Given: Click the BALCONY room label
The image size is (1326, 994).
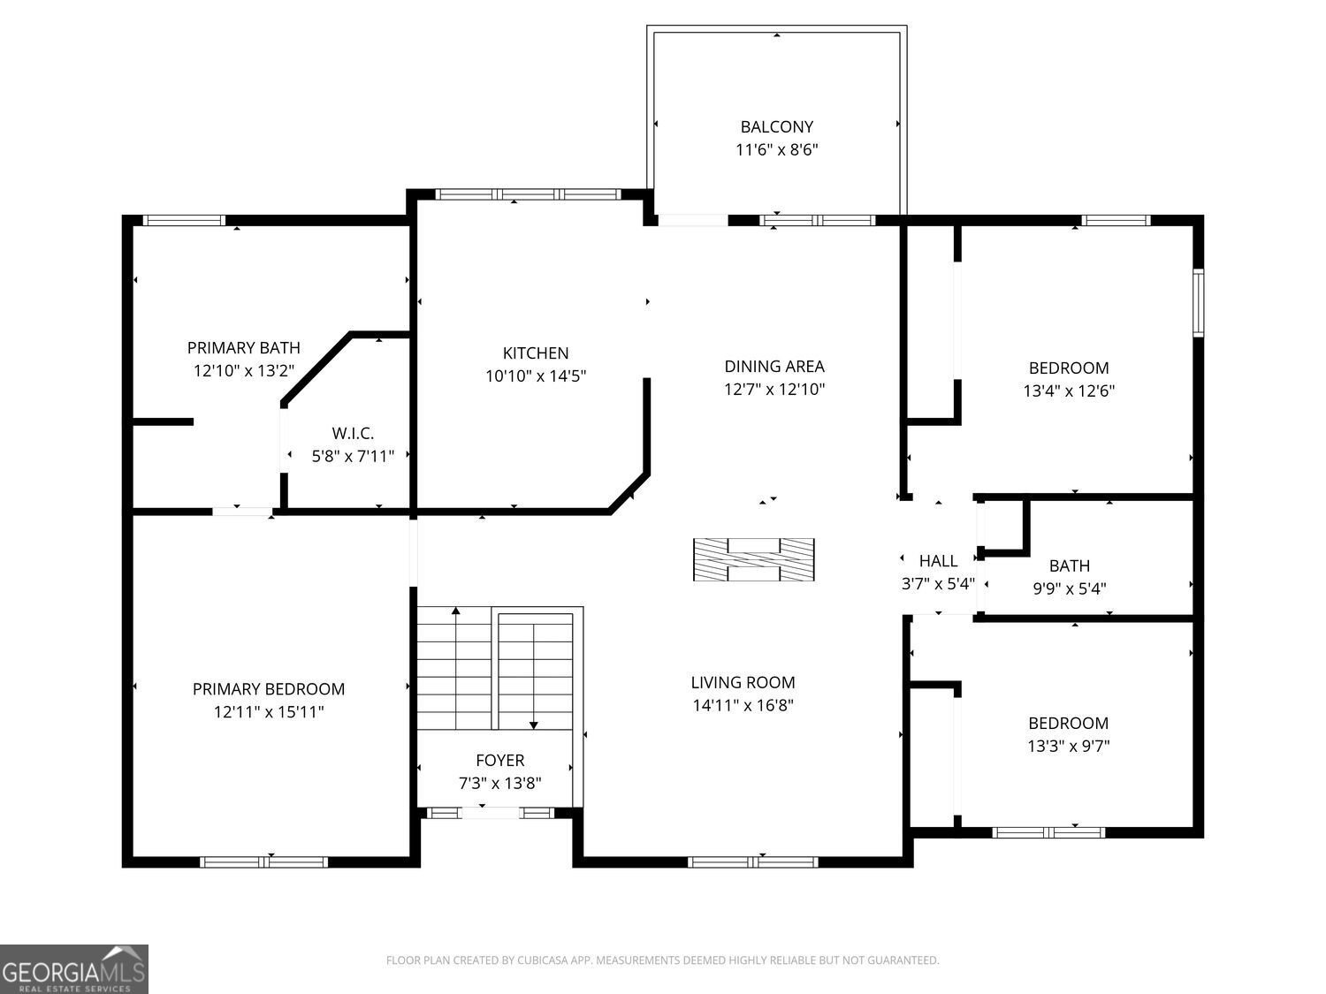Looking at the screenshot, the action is pyautogui.click(x=776, y=126).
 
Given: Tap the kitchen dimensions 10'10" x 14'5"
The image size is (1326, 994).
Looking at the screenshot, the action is pyautogui.click(x=536, y=376).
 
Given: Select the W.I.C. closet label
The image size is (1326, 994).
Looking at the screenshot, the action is pyautogui.click(x=353, y=433).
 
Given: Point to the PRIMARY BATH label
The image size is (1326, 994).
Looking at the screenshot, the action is pyautogui.click(x=243, y=347).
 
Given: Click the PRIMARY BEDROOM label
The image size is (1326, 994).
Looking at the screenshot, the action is pyautogui.click(x=269, y=688).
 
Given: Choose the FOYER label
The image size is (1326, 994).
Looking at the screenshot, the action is pyautogui.click(x=500, y=760).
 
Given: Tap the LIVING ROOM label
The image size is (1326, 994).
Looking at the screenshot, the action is pyautogui.click(x=743, y=682).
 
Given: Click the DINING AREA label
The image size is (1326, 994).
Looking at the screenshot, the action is pyautogui.click(x=774, y=367).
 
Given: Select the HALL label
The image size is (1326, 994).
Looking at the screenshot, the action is pyautogui.click(x=938, y=561).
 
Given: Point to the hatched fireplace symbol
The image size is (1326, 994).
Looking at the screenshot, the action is pyautogui.click(x=754, y=559).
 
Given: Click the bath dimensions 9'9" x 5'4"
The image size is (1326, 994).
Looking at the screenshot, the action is pyautogui.click(x=1070, y=588).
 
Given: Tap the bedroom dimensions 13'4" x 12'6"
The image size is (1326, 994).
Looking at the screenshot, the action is pyautogui.click(x=1069, y=391).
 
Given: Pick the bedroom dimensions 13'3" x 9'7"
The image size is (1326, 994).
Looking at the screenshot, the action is pyautogui.click(x=1069, y=746).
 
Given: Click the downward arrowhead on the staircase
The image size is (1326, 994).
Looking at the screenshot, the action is pyautogui.click(x=533, y=725).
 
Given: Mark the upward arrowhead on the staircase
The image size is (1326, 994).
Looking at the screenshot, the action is pyautogui.click(x=456, y=611).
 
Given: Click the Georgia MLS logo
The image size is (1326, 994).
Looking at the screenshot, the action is pyautogui.click(x=73, y=969).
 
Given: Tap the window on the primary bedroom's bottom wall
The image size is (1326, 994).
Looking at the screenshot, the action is pyautogui.click(x=264, y=862).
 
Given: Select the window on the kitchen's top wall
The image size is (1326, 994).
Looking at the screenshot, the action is pyautogui.click(x=528, y=194).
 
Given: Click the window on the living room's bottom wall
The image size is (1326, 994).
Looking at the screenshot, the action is pyautogui.click(x=752, y=862).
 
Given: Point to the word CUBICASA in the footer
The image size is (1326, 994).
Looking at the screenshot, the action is pyautogui.click(x=542, y=960).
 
